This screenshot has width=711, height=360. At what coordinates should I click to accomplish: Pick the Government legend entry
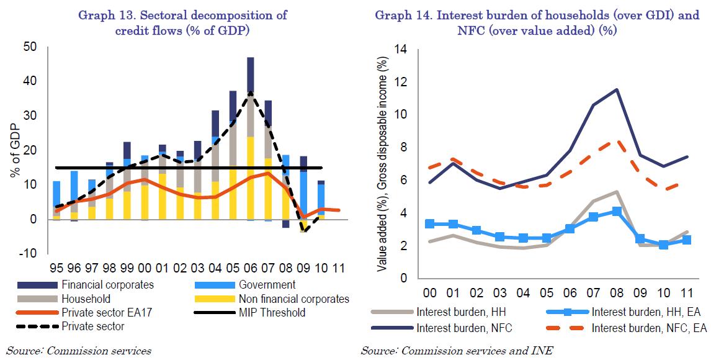pyautogui.click(x=266, y=285)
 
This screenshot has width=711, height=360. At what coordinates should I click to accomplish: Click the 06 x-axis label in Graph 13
pyautogui.click(x=250, y=269)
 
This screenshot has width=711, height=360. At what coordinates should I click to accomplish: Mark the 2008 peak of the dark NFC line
pyautogui.click(x=615, y=89)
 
